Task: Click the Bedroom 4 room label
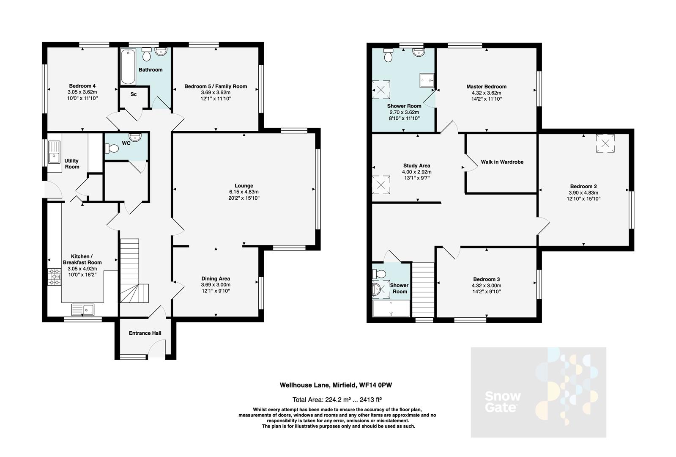click(82, 86)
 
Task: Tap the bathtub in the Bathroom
click(128, 67)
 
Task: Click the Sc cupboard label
click(133, 94)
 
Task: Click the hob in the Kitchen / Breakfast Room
click(55, 277)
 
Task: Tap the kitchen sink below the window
click(83, 310)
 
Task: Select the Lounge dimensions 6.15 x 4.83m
click(244, 192)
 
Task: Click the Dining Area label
click(216, 278)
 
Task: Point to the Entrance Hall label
click(145, 333)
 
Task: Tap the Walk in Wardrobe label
click(502, 162)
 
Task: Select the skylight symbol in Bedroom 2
click(605, 143)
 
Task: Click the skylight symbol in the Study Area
click(381, 185)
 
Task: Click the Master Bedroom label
click(486, 86)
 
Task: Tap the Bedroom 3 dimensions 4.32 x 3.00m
click(486, 286)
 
